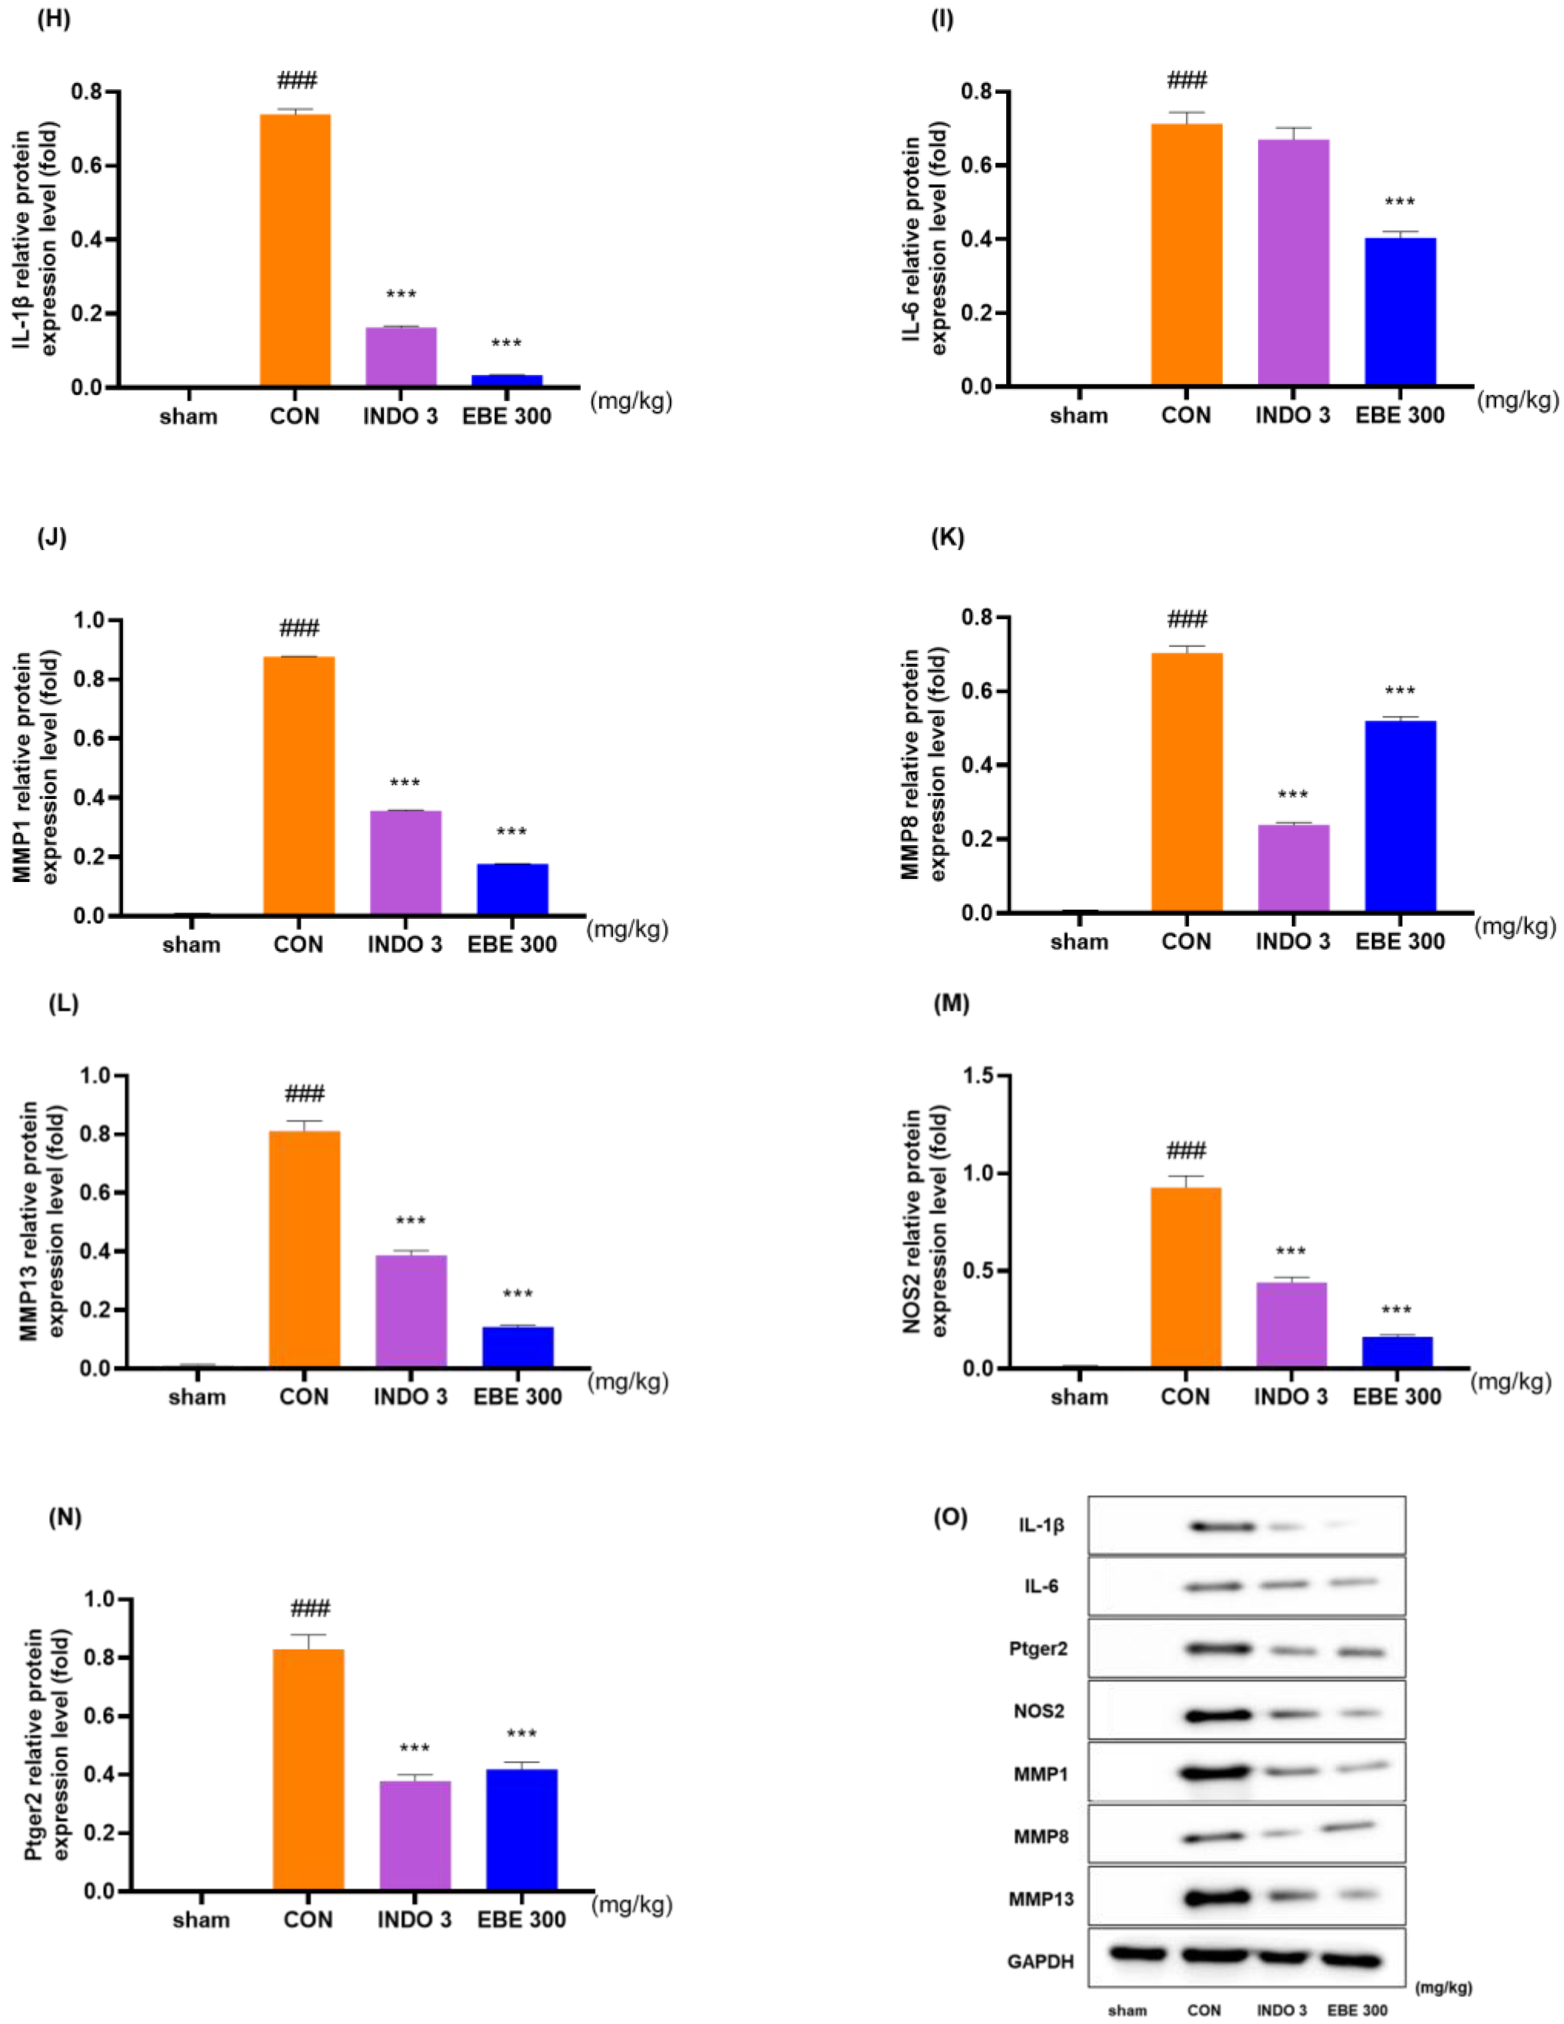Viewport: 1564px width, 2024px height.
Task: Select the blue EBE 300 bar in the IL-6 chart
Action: (1400, 311)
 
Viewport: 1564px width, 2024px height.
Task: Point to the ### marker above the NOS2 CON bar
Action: (1186, 1151)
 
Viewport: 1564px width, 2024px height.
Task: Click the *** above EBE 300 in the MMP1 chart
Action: (511, 832)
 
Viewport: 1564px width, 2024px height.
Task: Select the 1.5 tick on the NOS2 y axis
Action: (984, 1076)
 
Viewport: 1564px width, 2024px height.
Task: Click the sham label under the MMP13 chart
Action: (198, 1396)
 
